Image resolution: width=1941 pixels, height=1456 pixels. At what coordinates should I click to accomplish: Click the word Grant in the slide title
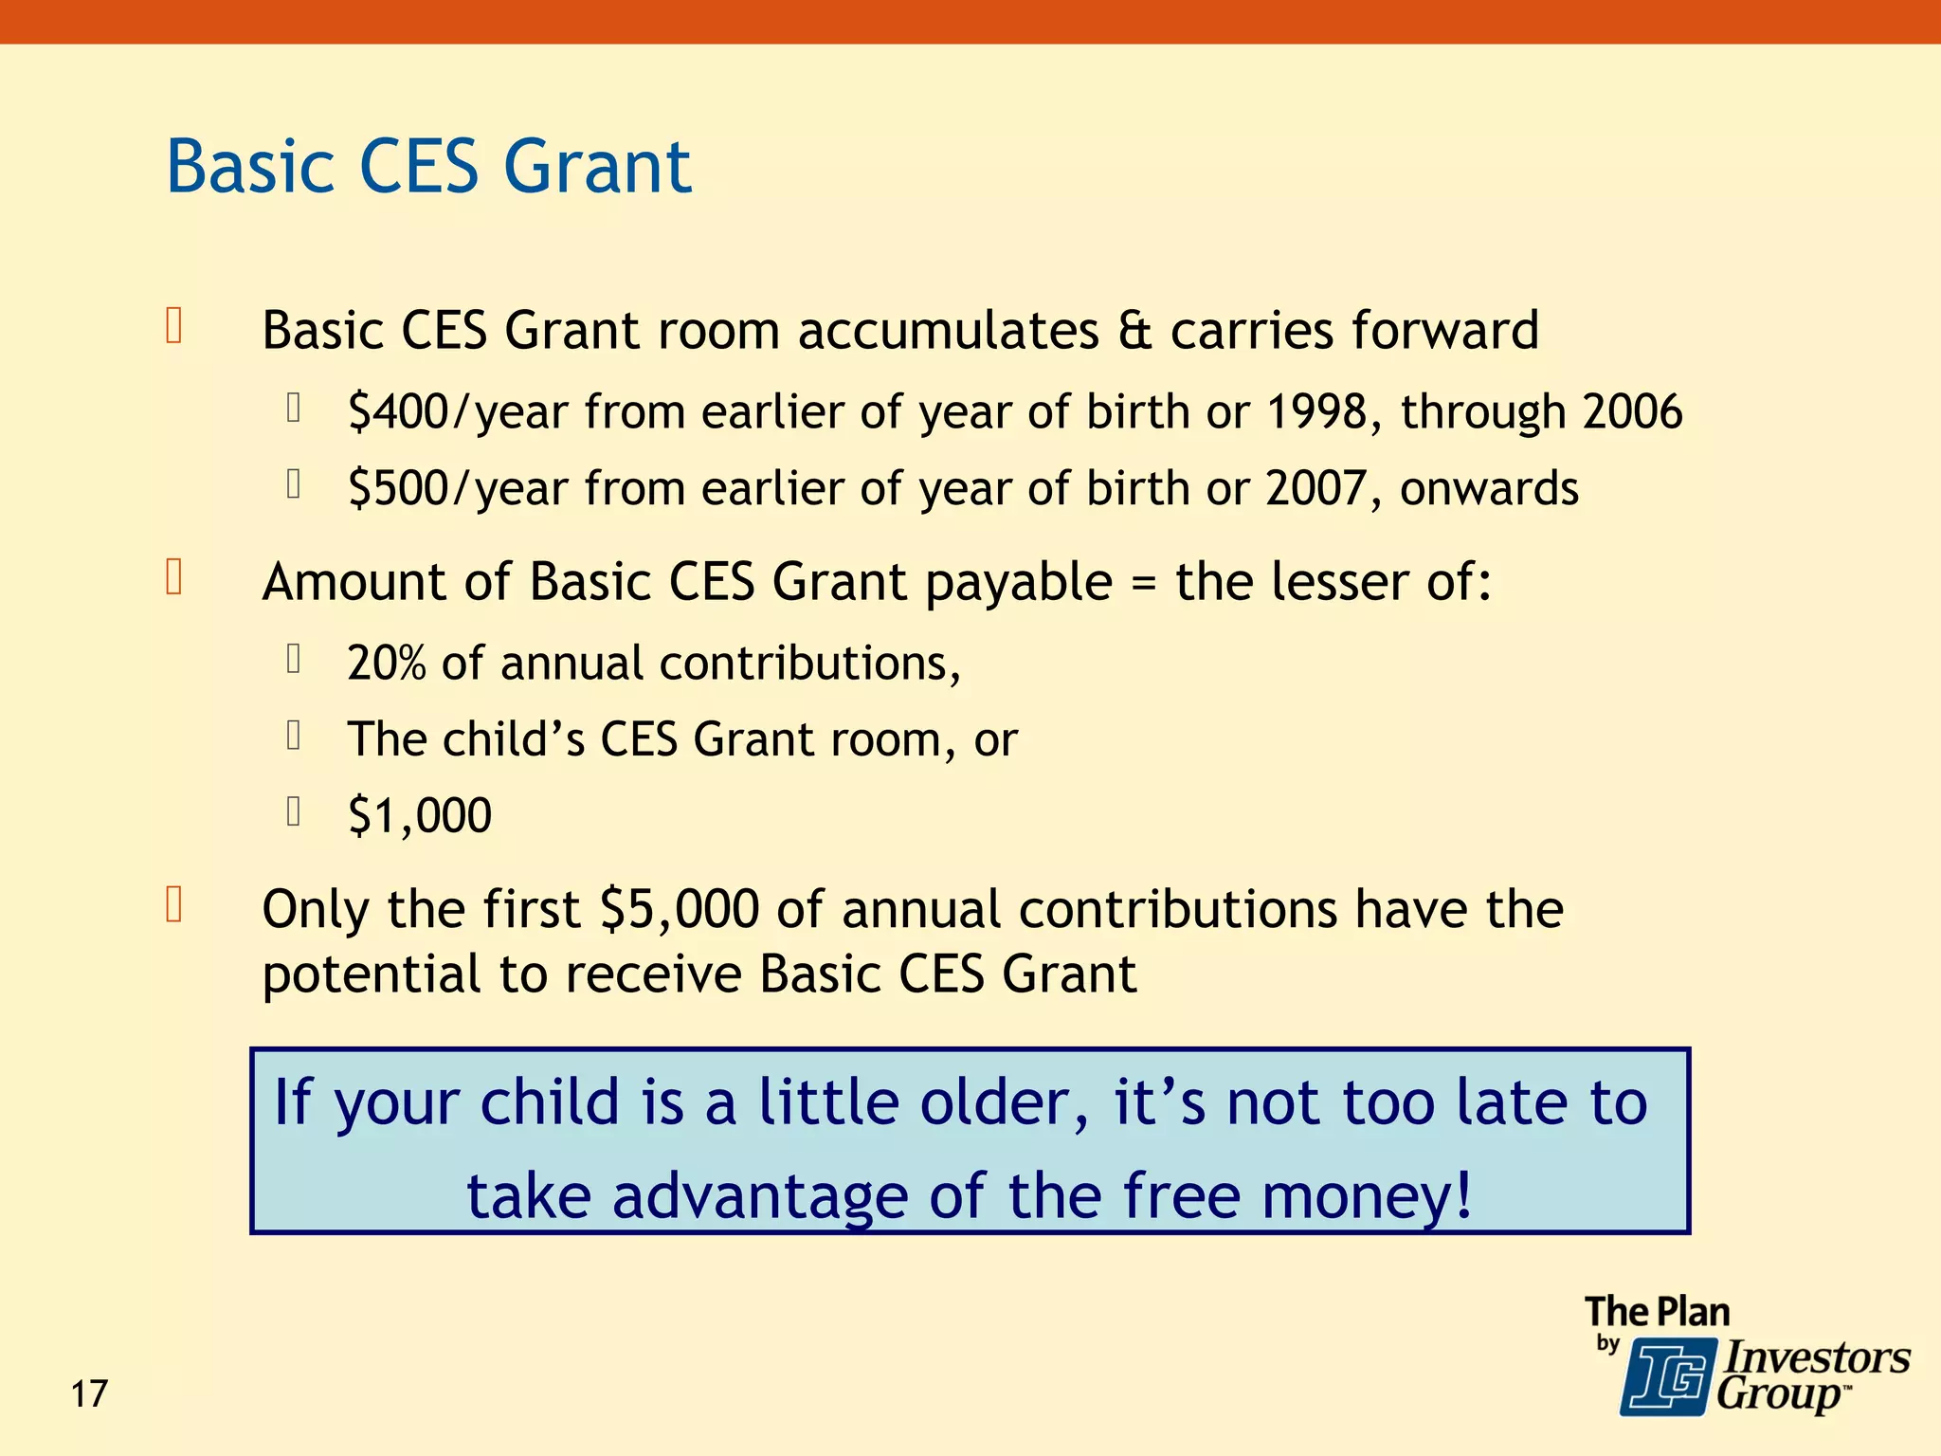pyautogui.click(x=597, y=167)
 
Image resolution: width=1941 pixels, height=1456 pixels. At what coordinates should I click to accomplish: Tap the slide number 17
pyautogui.click(x=89, y=1394)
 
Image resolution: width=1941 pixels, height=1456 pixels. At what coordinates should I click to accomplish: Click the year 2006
pyautogui.click(x=1632, y=412)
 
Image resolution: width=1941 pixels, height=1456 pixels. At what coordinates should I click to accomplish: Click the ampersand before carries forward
pyautogui.click(x=1134, y=331)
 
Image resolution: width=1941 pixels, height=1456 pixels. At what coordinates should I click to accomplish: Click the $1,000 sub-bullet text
pyautogui.click(x=420, y=815)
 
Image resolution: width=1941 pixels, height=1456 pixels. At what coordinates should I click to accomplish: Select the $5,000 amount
pyautogui.click(x=680, y=909)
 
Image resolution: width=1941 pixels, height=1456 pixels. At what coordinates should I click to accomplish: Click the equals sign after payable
pyautogui.click(x=1144, y=583)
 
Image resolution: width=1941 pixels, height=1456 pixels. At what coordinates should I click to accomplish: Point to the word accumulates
pyautogui.click(x=948, y=331)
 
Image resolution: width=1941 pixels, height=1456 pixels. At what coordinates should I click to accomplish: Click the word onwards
pyautogui.click(x=1489, y=489)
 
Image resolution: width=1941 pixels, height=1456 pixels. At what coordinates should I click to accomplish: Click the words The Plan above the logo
pyautogui.click(x=1657, y=1312)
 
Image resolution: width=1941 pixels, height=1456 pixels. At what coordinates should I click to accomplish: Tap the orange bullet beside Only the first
pyautogui.click(x=174, y=905)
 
